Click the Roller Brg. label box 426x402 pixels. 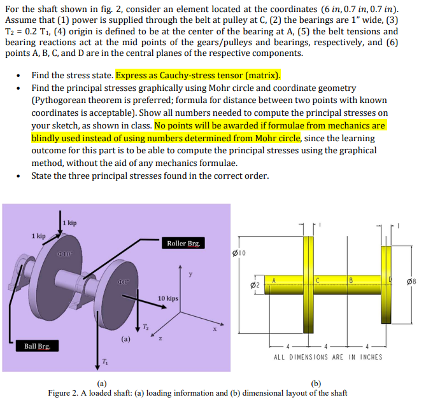[183, 243]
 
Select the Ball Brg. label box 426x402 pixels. [38, 346]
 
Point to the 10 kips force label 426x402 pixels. [167, 298]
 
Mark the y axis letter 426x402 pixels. [189, 275]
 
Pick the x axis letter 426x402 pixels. [215, 329]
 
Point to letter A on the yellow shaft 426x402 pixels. [273, 281]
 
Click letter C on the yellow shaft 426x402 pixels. [316, 281]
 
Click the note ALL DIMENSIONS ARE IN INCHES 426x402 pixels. [328, 357]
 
